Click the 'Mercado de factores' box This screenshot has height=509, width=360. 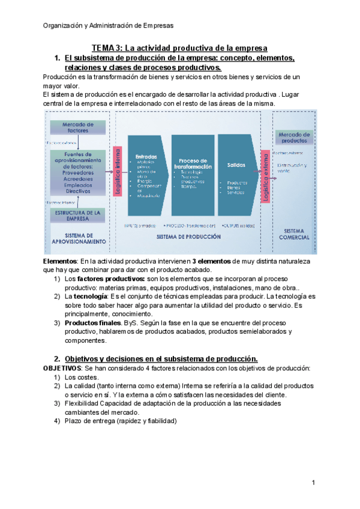[x=79, y=127]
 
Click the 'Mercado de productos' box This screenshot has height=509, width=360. [x=293, y=137]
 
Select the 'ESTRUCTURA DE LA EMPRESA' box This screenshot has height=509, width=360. [x=79, y=215]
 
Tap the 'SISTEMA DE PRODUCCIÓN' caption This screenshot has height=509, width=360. [x=188, y=236]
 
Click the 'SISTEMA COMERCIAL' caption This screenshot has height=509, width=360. [x=293, y=233]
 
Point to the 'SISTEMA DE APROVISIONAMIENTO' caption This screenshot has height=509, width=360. [x=79, y=238]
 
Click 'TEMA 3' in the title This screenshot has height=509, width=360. [x=106, y=47]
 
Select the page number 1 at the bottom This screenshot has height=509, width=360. [x=313, y=483]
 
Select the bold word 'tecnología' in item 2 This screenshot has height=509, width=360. [x=91, y=297]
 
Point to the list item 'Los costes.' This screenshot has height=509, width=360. [x=81, y=377]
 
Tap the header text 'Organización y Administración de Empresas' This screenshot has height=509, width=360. [x=108, y=25]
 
